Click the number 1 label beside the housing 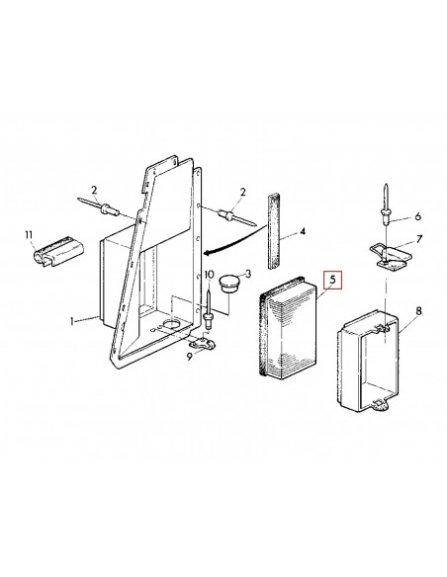pyautogui.click(x=73, y=321)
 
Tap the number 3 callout pyautogui.click(x=248, y=273)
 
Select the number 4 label pyautogui.click(x=303, y=234)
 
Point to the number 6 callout pyautogui.click(x=416, y=217)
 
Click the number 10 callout pyautogui.click(x=209, y=277)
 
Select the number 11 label pyautogui.click(x=29, y=234)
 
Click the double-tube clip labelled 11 pyautogui.click(x=48, y=251)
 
